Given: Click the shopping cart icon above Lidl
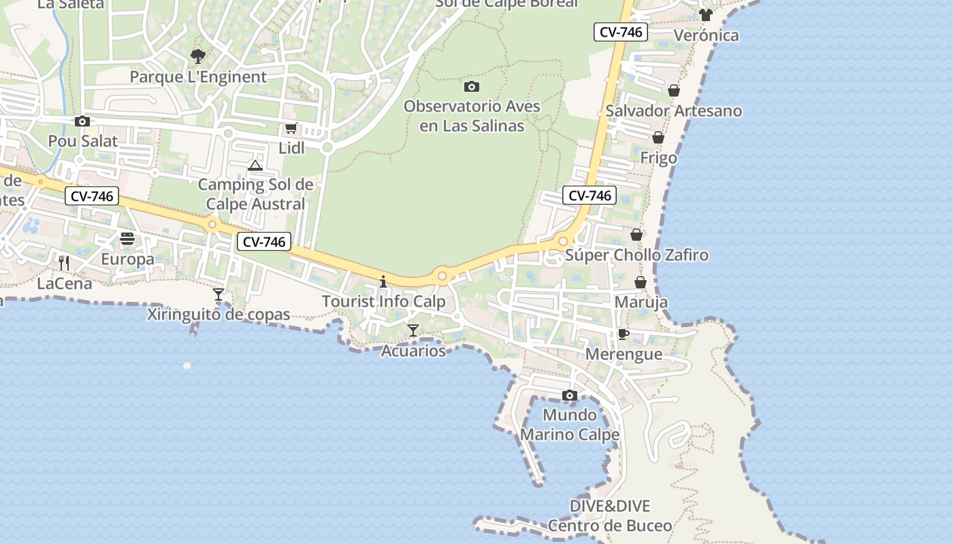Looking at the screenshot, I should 291,128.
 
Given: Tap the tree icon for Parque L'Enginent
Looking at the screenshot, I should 197,56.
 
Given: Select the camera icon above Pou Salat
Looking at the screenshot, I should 82,121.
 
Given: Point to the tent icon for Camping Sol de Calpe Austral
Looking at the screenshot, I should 255,165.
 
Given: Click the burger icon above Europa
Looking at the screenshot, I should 127,239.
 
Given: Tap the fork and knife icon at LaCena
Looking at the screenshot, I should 64,262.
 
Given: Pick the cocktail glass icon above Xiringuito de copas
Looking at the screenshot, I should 219,294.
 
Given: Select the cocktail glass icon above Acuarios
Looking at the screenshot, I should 413,330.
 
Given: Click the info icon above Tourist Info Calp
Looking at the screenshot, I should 383,282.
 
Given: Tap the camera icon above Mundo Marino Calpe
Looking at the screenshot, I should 570,395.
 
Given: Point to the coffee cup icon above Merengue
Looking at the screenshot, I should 623,334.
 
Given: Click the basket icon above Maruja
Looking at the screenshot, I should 641,282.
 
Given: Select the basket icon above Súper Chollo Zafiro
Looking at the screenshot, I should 636,235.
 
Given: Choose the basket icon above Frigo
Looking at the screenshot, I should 658,137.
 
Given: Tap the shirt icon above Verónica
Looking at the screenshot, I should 705,15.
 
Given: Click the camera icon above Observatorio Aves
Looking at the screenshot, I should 471,86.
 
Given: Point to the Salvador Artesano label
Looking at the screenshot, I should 673,111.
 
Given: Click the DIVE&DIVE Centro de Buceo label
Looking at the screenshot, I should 610,516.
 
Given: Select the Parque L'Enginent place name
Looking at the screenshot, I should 198,77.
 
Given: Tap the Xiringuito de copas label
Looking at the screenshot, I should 219,315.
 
